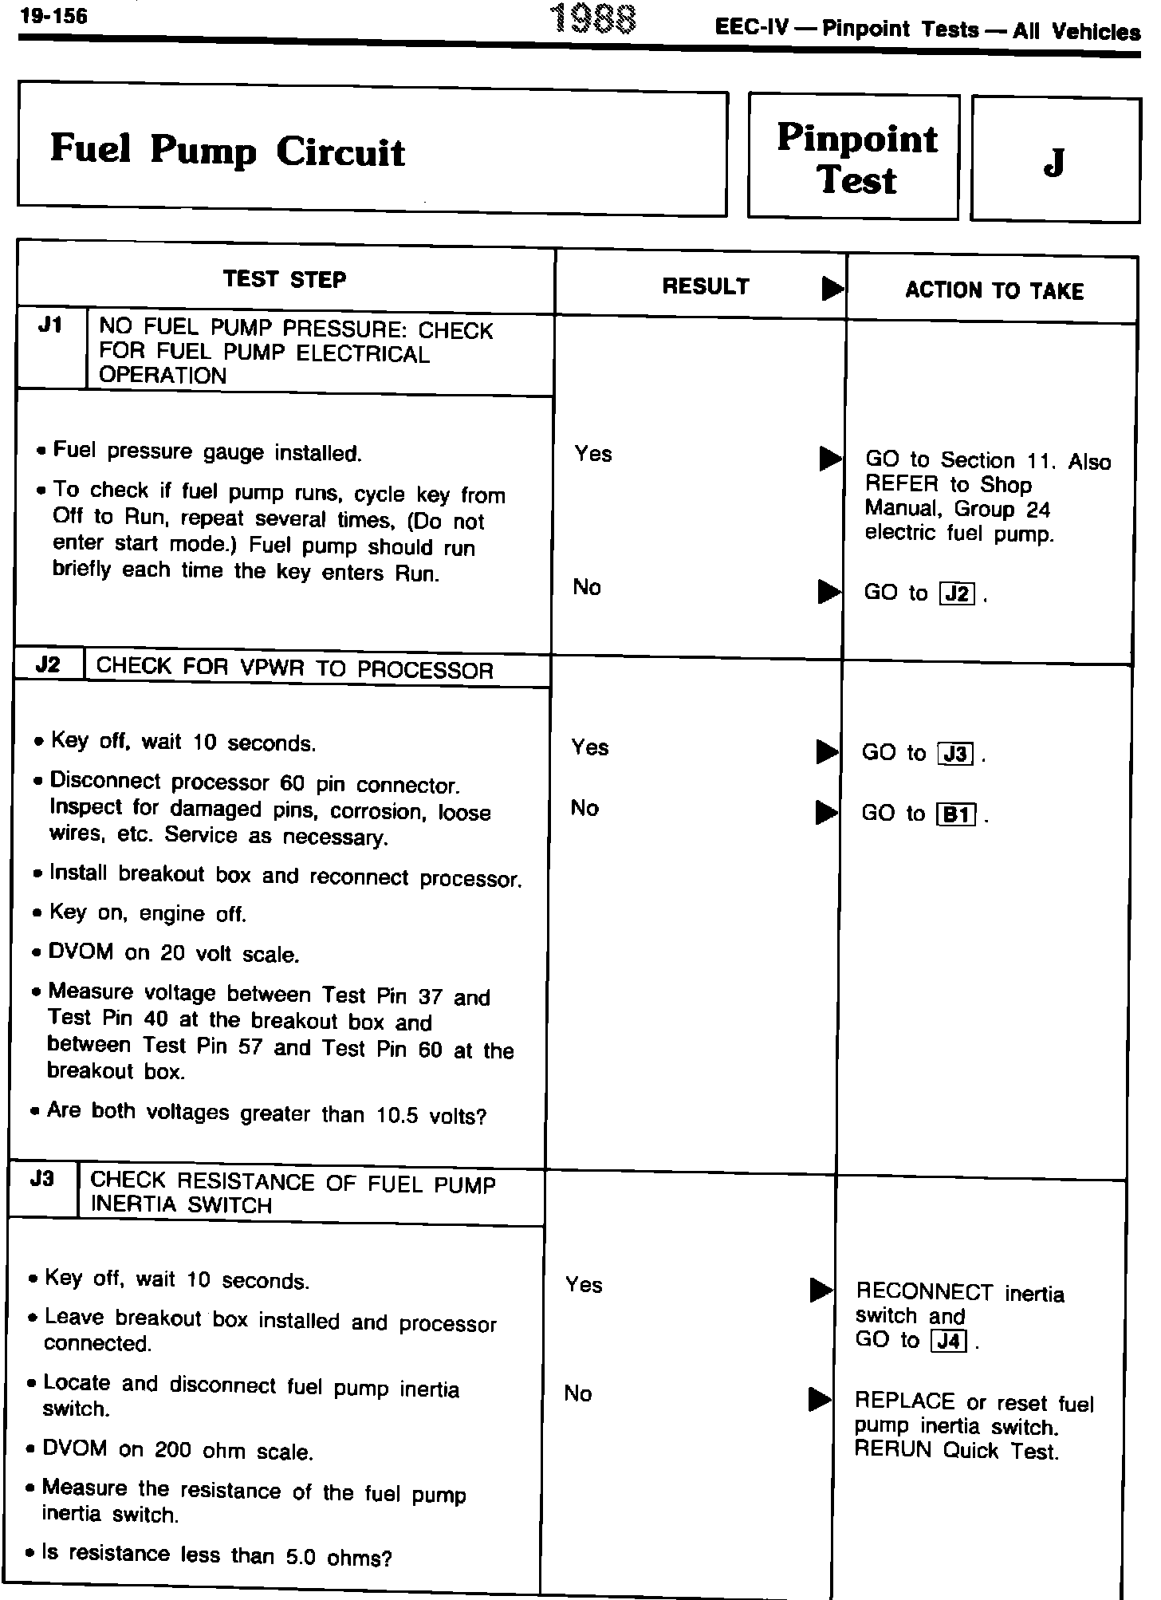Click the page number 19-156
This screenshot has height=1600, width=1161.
click(x=53, y=16)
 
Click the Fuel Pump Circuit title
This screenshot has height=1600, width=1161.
click(x=227, y=150)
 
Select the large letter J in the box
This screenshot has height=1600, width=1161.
click(x=1054, y=162)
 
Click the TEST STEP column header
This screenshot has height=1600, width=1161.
click(x=285, y=280)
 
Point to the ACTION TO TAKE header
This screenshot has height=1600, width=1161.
click(x=994, y=291)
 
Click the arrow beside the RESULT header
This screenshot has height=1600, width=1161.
click(x=832, y=288)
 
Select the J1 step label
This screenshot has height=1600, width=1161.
click(x=50, y=327)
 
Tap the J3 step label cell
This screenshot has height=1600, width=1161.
click(x=41, y=1178)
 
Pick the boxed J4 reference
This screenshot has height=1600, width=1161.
click(x=949, y=1342)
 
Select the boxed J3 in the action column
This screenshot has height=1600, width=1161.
click(x=956, y=754)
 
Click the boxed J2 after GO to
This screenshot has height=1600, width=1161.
click(x=958, y=594)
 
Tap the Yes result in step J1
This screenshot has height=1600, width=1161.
click(x=593, y=454)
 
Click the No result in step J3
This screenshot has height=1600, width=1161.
click(x=578, y=1393)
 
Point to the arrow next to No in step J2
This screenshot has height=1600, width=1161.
click(x=826, y=813)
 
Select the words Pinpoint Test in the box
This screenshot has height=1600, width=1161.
click(x=856, y=159)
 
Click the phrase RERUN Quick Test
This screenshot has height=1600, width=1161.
click(x=956, y=1451)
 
